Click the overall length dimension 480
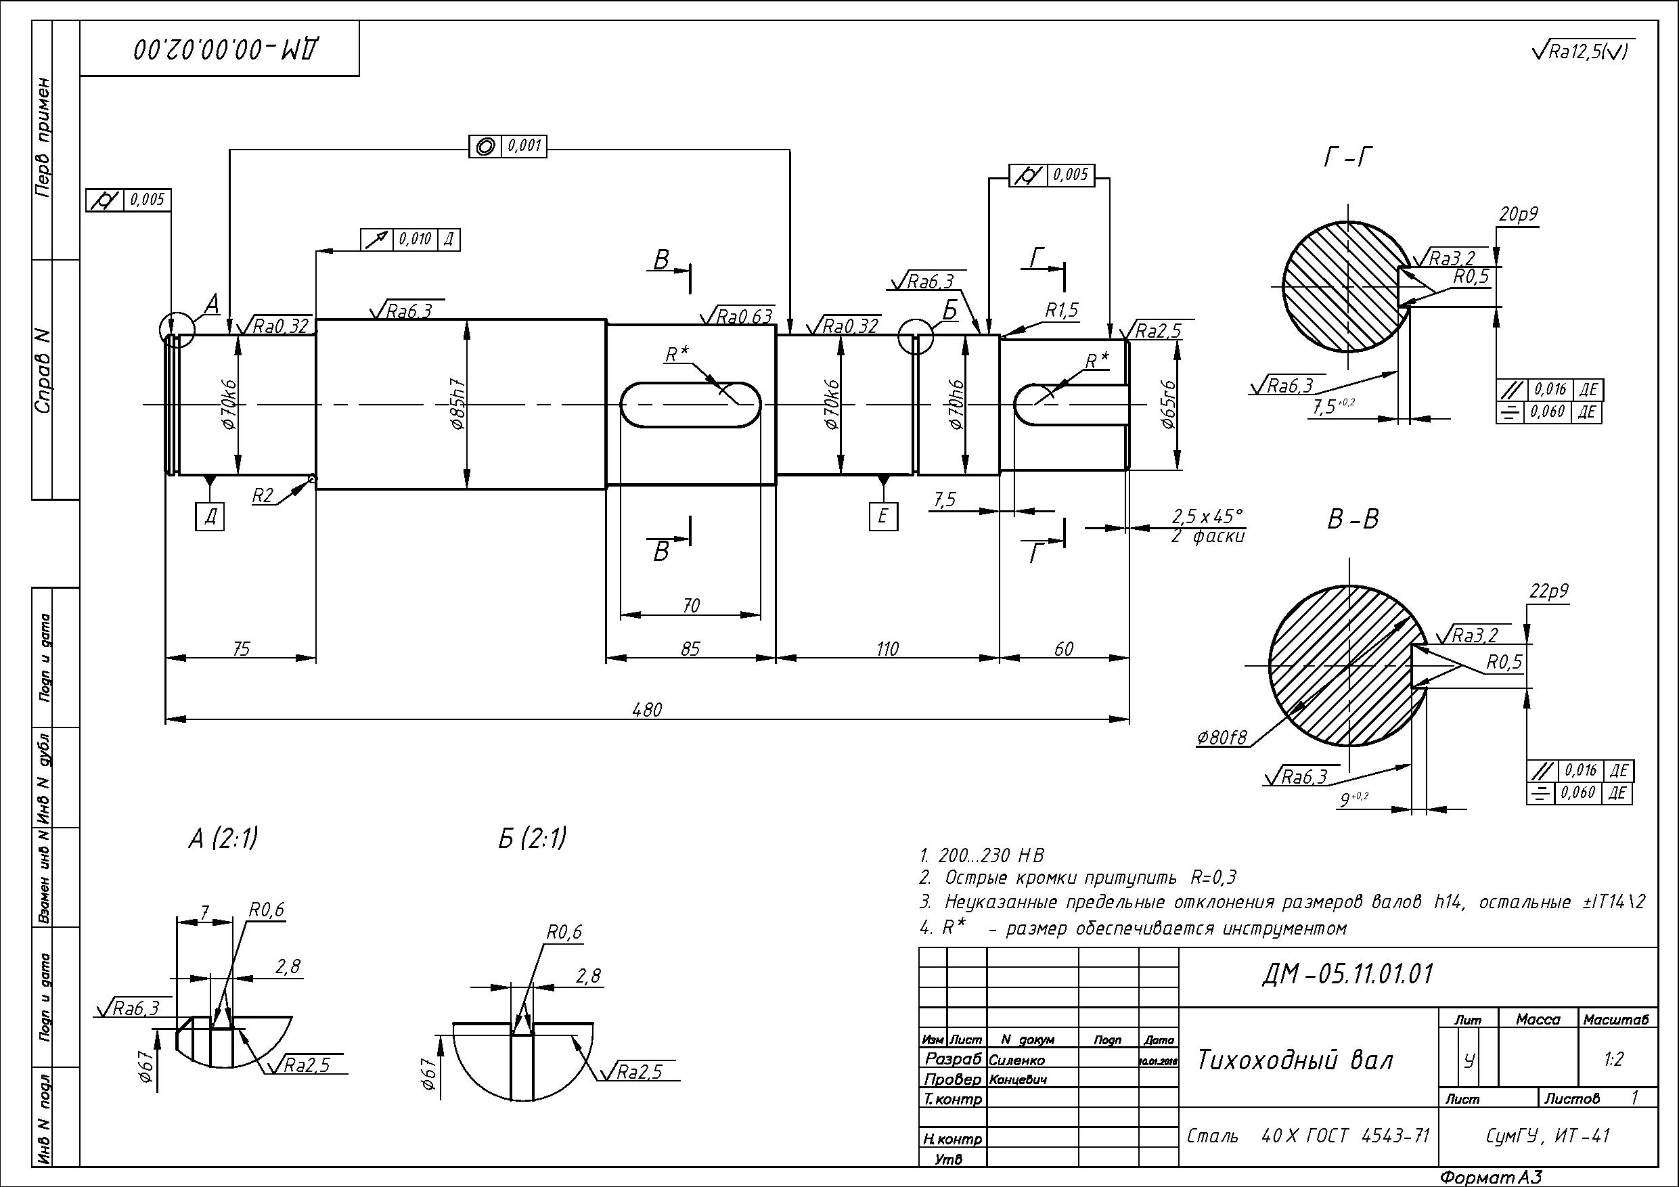coord(647,709)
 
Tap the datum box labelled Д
coord(210,517)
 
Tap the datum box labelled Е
coord(882,516)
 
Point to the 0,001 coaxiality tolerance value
coord(524,146)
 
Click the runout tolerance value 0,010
coord(416,239)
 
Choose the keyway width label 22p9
coord(1548,591)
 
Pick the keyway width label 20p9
coord(1518,215)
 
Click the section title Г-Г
coord(1347,157)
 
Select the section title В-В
coord(1353,519)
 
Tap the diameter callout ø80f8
coord(1222,738)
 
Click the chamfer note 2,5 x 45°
coord(1207,516)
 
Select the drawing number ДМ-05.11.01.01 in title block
coord(1347,975)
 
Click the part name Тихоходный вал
coord(1295,1060)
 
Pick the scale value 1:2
coord(1613,1060)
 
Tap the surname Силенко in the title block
coord(1016,1060)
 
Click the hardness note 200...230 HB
coord(982,855)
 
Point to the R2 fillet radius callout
coord(263,496)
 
